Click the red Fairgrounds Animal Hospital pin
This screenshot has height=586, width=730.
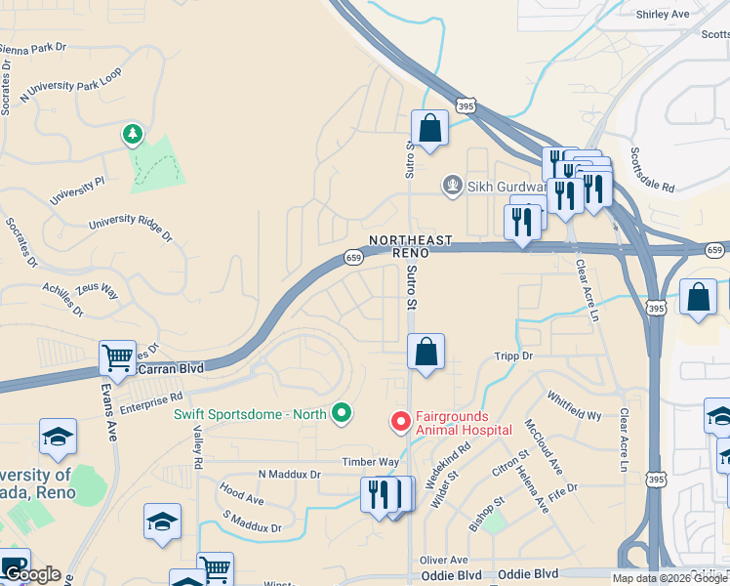[x=400, y=421]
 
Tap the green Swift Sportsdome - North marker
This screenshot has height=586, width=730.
[x=341, y=414]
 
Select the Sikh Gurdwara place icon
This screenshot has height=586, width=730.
[x=452, y=185]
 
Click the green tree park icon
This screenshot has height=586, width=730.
[x=131, y=133]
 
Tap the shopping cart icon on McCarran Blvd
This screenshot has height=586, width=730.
[x=117, y=357]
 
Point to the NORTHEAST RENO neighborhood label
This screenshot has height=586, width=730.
[x=410, y=245]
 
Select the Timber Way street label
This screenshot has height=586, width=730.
[x=370, y=462]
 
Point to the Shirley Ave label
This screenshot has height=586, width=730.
[x=663, y=15]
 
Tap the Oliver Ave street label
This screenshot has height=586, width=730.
[x=444, y=560]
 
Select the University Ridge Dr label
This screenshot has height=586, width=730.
[x=130, y=230]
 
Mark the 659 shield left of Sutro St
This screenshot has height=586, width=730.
[x=353, y=258]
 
